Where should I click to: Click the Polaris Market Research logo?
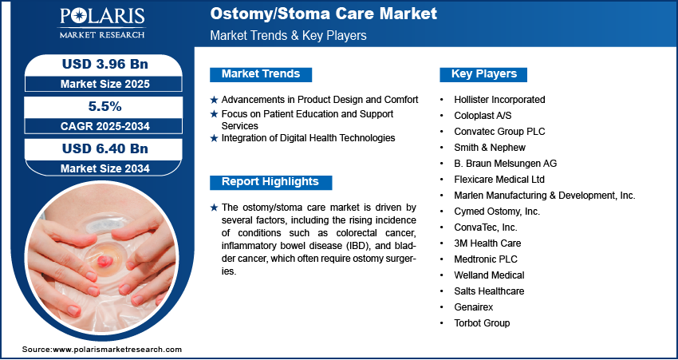click(x=102, y=23)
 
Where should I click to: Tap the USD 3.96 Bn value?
click(x=105, y=64)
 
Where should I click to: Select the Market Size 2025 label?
click(x=105, y=84)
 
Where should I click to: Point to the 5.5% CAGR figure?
click(x=104, y=106)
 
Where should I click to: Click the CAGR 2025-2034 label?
click(x=105, y=126)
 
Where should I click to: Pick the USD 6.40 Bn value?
click(x=105, y=148)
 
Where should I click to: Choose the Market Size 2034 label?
click(x=105, y=168)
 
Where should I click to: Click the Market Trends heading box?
click(x=261, y=74)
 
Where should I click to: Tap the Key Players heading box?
click(x=483, y=74)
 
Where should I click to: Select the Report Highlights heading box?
click(x=270, y=182)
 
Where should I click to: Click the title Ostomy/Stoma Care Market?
click(x=323, y=14)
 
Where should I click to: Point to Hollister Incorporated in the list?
click(x=499, y=100)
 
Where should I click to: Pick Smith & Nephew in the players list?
click(x=490, y=148)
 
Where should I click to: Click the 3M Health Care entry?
click(x=487, y=243)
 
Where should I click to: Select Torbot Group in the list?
click(x=482, y=322)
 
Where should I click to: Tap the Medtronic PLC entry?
click(x=486, y=259)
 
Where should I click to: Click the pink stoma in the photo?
click(x=104, y=260)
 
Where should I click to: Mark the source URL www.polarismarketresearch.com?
click(x=117, y=349)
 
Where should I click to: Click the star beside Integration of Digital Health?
click(x=214, y=138)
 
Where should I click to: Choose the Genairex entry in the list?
click(x=474, y=307)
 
